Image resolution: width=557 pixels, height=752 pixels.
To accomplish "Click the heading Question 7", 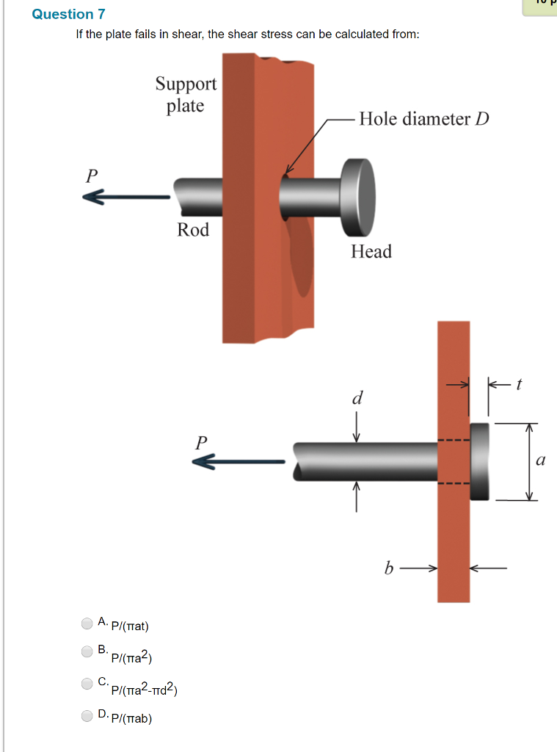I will [x=63, y=14].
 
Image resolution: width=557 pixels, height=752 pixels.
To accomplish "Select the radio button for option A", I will [x=87, y=623].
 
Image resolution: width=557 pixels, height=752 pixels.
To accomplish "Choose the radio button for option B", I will [x=87, y=651].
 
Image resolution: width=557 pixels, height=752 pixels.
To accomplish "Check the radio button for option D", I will [x=87, y=715].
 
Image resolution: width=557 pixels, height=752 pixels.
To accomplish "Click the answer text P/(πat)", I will [x=130, y=626].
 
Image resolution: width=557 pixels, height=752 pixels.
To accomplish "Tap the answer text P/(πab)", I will [x=131, y=718].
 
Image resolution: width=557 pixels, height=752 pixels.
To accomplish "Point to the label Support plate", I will [x=186, y=95].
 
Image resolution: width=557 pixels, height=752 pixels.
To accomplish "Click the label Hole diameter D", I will [x=423, y=119].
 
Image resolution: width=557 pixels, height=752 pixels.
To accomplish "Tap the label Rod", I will [x=193, y=230].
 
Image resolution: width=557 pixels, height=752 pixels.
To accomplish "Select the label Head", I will [x=371, y=252].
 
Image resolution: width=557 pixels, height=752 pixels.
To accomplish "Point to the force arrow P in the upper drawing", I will [x=125, y=197].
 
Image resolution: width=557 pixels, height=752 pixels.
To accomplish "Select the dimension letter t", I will [x=518, y=383].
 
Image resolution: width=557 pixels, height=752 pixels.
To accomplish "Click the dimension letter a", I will [x=541, y=461].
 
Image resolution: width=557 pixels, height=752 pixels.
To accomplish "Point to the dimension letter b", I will [x=388, y=568].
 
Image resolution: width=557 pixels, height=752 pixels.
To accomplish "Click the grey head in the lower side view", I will [x=479, y=461].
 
